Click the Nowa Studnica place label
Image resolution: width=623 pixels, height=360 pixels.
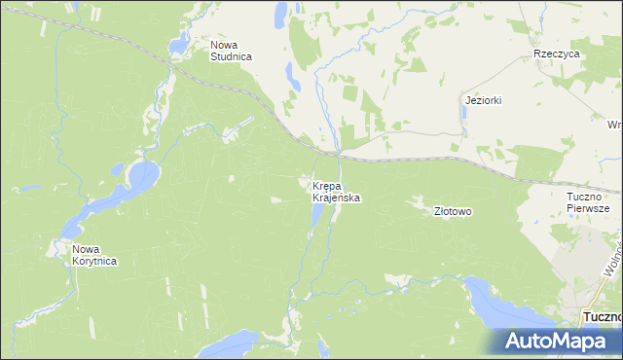click(231, 51)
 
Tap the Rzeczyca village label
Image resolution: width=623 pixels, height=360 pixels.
click(557, 54)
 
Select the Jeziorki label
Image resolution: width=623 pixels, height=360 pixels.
click(483, 100)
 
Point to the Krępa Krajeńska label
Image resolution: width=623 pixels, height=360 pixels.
click(337, 191)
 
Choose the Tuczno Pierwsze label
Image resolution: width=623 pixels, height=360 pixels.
click(587, 201)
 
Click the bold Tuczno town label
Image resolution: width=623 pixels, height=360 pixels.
click(602, 317)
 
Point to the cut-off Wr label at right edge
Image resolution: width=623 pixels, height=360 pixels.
click(614, 125)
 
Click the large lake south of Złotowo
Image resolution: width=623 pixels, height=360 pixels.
click(497, 302)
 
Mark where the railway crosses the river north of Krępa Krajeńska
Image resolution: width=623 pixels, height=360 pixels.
click(336, 153)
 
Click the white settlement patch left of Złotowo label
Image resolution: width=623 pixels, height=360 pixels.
click(419, 201)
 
